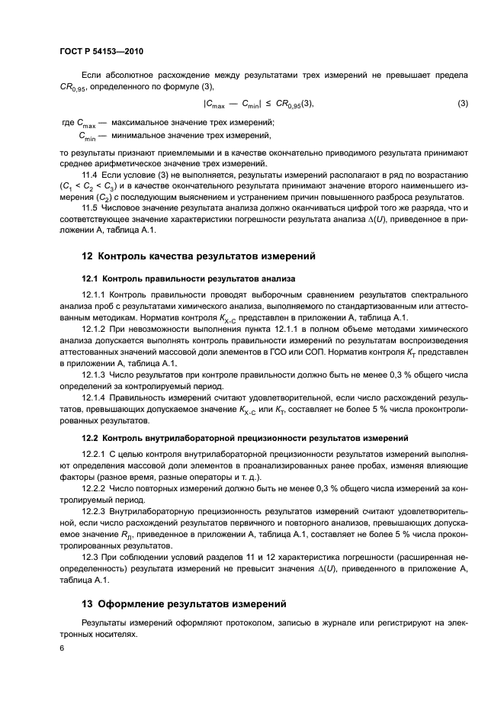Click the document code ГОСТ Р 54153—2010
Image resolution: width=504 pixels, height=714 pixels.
(101, 51)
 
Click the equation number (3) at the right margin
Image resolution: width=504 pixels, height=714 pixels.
(462, 104)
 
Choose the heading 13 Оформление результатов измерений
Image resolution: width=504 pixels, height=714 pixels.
(184, 604)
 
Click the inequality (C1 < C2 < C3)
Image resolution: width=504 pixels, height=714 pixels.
(88, 187)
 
